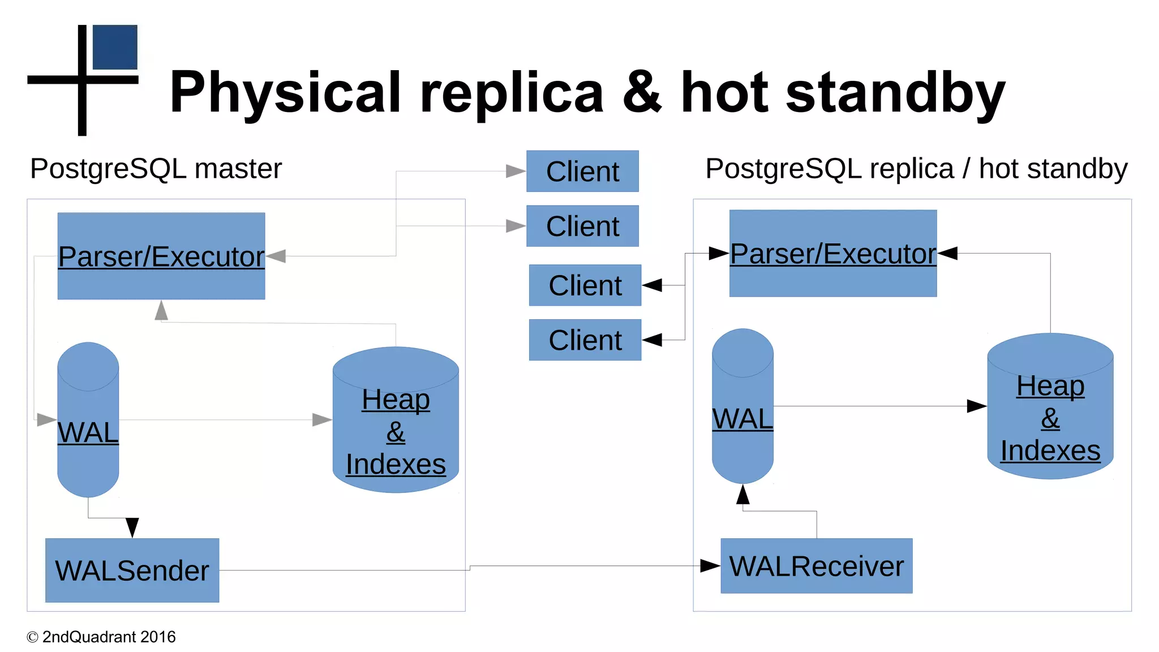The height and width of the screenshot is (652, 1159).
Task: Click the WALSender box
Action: (x=132, y=570)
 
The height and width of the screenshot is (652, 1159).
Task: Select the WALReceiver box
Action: (x=816, y=566)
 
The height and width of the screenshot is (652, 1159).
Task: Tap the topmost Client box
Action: (x=582, y=171)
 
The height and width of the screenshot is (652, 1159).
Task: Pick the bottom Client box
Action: (x=585, y=340)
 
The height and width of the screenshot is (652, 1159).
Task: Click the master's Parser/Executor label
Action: (x=161, y=256)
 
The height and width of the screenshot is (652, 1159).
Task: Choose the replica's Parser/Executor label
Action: (x=832, y=254)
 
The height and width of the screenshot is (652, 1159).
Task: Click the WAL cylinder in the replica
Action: (x=742, y=419)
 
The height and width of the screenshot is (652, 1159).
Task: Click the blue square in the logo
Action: (x=115, y=47)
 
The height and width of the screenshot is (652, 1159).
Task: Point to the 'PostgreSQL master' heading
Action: (x=156, y=169)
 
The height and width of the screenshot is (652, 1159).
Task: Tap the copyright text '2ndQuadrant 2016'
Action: (x=109, y=637)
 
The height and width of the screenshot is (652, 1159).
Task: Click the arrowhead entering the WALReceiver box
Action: (x=710, y=565)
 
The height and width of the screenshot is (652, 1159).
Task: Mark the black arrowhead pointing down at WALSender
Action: (x=132, y=527)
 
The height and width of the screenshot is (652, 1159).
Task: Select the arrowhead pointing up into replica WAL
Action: (x=742, y=494)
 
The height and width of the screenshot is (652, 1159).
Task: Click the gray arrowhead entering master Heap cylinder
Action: (x=321, y=419)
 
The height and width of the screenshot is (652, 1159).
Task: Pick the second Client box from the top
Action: (x=582, y=226)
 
